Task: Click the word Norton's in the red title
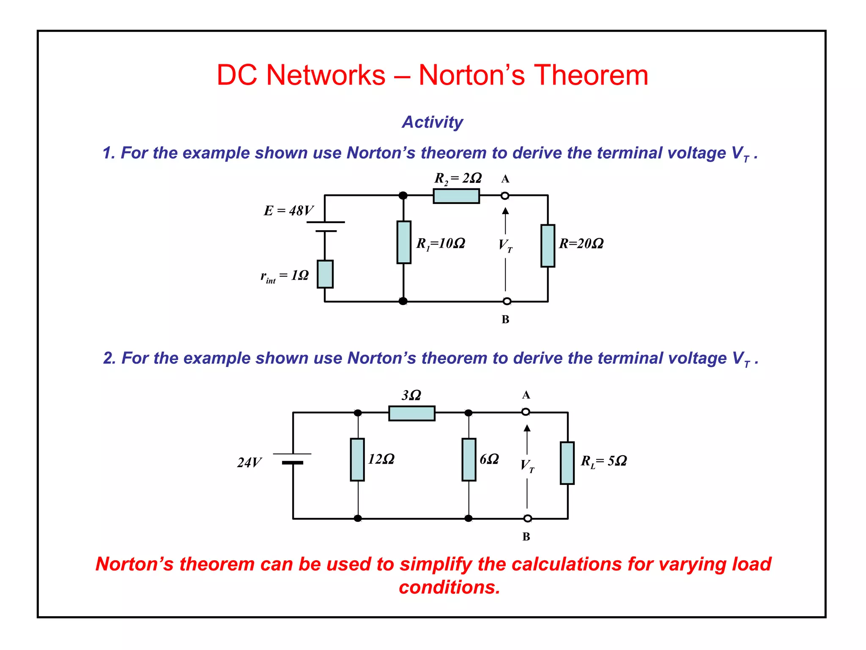[471, 75]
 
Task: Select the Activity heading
[432, 122]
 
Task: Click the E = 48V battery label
[288, 210]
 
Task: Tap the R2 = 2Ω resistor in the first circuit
[456, 196]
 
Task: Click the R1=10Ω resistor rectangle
[404, 242]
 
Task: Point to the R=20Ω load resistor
[548, 246]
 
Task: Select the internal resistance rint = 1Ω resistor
[325, 274]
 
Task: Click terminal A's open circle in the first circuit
[505, 196]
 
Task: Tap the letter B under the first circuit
[505, 319]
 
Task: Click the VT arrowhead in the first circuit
[505, 211]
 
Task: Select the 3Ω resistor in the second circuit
[411, 413]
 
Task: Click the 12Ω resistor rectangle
[357, 460]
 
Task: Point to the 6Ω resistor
[469, 460]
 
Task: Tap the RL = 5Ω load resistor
[567, 463]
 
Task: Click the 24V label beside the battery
[249, 463]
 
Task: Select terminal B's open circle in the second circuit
[528, 518]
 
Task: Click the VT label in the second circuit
[527, 465]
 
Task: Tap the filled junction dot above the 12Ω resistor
[358, 413]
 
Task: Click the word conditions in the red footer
[449, 587]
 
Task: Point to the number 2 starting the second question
[108, 358]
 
